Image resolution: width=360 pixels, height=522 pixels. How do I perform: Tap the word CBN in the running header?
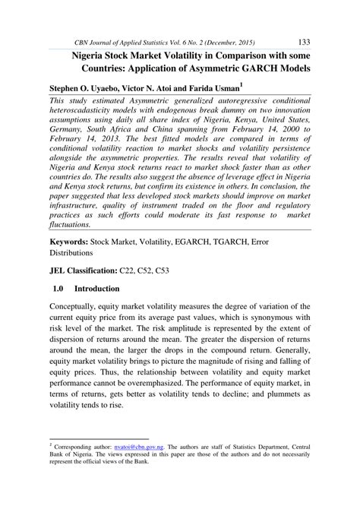85,43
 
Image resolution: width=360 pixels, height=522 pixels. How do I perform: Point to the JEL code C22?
128,270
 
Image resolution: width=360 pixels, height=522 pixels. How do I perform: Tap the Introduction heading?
97,289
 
